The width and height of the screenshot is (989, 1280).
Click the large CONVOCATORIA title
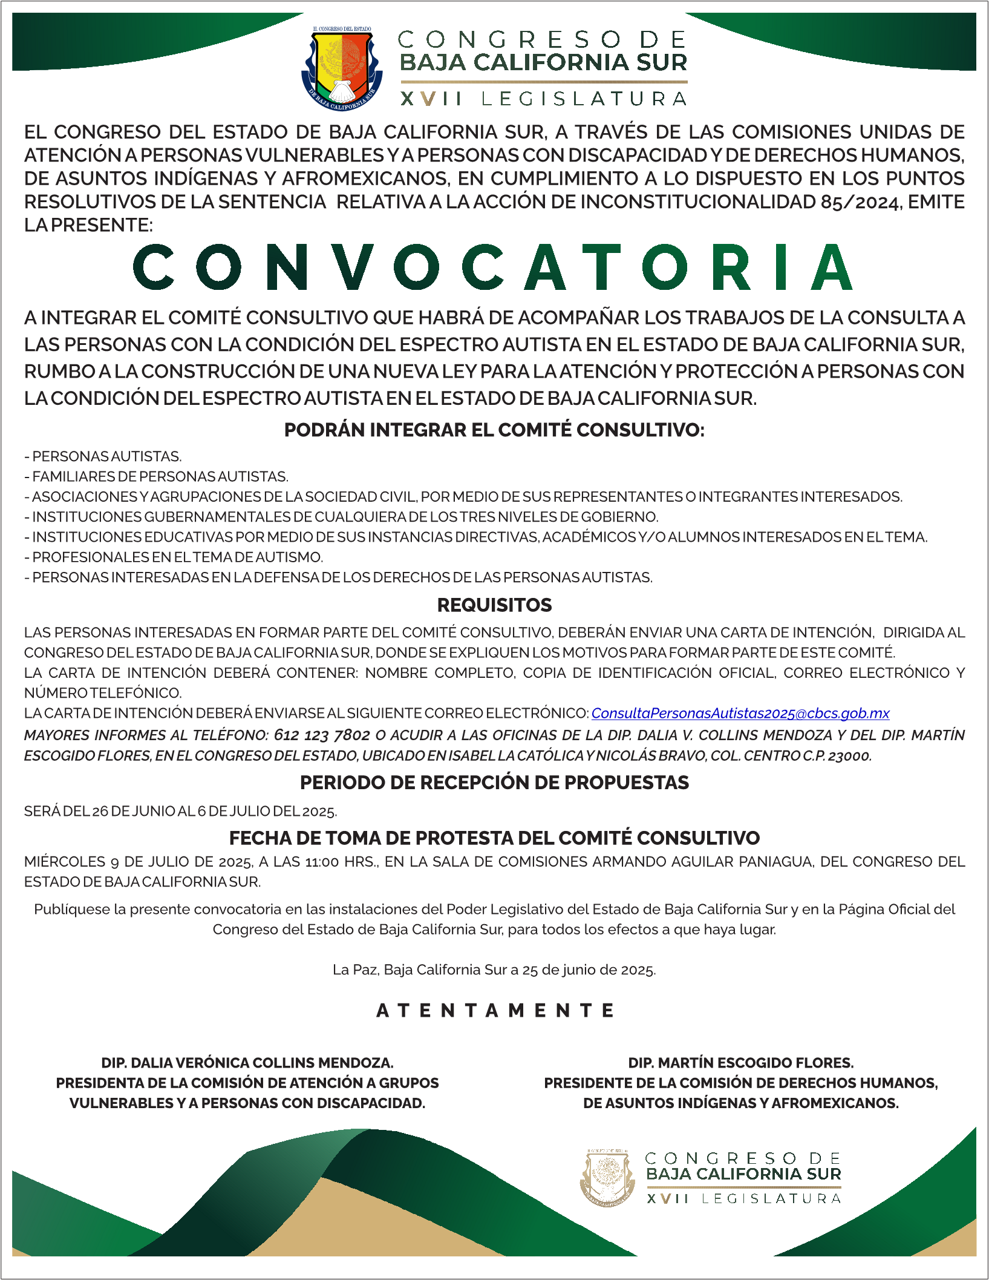click(x=493, y=267)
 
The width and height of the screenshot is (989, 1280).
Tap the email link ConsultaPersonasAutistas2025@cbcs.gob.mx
click(x=740, y=714)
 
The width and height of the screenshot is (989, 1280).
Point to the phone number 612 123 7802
click(x=322, y=735)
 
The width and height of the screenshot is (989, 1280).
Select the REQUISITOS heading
click(x=494, y=605)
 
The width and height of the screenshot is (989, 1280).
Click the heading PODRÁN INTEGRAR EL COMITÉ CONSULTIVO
click(x=494, y=430)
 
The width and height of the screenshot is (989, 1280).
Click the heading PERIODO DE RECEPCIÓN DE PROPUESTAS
click(x=494, y=783)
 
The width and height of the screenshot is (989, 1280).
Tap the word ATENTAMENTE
click(x=495, y=1011)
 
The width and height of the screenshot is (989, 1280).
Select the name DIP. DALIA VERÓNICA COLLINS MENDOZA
click(x=247, y=1063)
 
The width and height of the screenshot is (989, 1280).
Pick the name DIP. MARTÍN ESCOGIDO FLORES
click(x=741, y=1063)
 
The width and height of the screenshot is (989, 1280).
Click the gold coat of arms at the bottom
click(x=607, y=1177)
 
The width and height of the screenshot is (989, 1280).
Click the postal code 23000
click(x=850, y=756)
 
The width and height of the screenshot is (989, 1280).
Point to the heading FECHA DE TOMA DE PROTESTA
click(x=494, y=838)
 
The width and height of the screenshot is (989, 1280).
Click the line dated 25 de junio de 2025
click(x=494, y=970)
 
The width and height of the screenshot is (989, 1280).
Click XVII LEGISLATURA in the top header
click(x=543, y=99)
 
